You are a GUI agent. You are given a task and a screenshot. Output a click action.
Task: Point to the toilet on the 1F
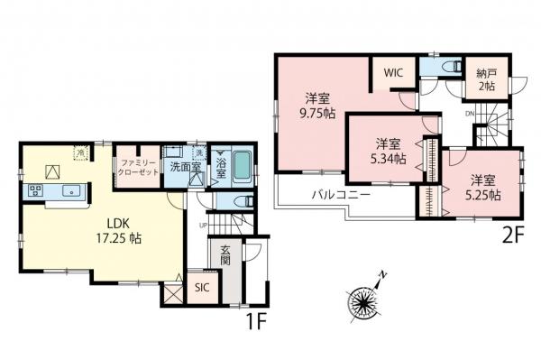coord(240,199)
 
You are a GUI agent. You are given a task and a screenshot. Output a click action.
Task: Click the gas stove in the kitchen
coord(37,189)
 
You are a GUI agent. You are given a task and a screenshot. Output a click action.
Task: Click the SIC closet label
coord(200,291)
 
